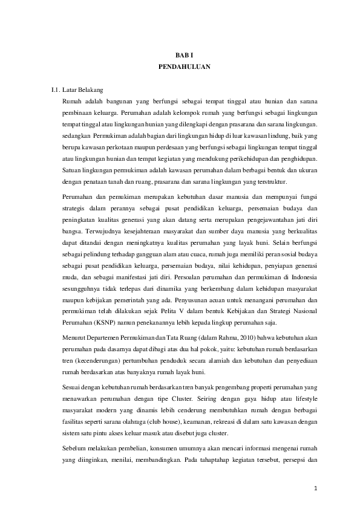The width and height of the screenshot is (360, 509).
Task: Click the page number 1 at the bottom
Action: click(x=316, y=488)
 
